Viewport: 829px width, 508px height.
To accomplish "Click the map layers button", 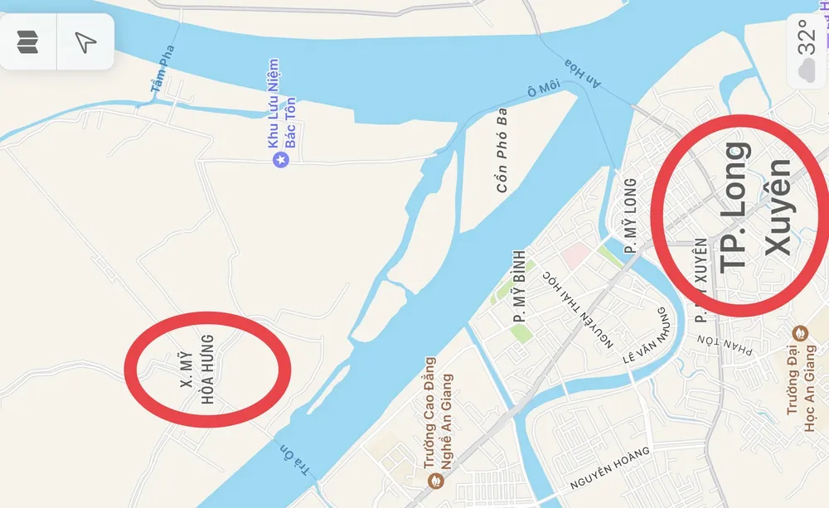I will point(27,41).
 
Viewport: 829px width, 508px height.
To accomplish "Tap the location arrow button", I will point(85,41).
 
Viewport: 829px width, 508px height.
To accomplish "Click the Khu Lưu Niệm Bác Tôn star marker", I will point(280,157).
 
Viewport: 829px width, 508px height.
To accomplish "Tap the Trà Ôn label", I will point(297,461).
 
